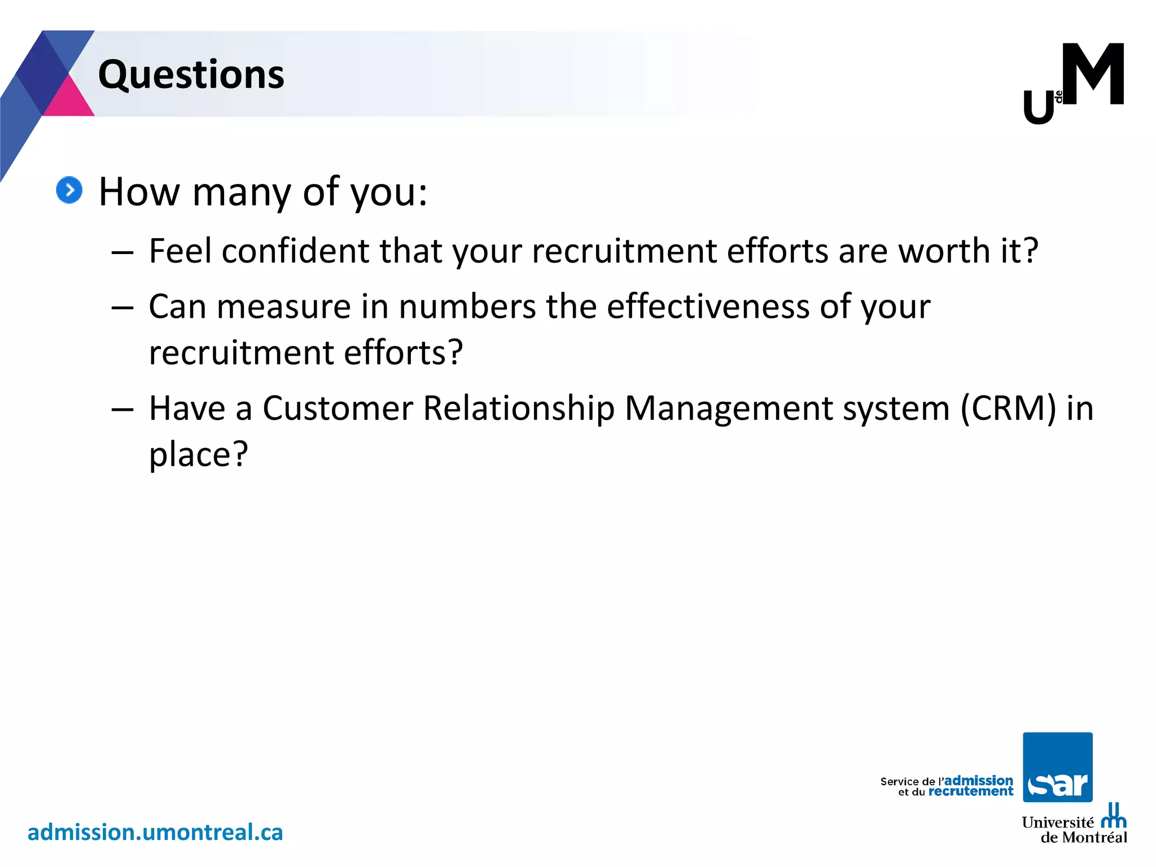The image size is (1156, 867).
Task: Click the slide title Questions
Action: click(191, 75)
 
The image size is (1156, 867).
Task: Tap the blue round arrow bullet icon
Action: click(69, 190)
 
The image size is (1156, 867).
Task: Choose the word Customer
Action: click(338, 408)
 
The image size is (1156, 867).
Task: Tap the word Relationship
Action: click(518, 408)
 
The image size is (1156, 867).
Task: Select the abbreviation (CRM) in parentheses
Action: click(1008, 408)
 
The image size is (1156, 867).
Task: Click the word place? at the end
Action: click(198, 454)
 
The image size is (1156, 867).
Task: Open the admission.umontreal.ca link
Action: click(155, 833)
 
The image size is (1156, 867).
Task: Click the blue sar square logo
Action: click(1057, 767)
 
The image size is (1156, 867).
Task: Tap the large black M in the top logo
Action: click(1093, 74)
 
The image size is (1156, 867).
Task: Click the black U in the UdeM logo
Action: click(1039, 108)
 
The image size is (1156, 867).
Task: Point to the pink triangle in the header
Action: click(69, 99)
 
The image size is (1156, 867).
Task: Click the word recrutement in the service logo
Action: click(971, 792)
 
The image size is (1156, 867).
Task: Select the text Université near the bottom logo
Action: click(1057, 822)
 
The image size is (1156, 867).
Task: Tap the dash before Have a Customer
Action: click(122, 409)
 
